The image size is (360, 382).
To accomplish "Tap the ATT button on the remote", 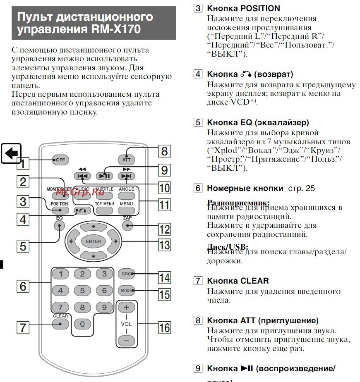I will tap(126, 160).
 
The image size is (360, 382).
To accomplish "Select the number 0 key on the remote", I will tap(82, 324).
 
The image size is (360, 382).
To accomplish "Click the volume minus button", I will tap(126, 341).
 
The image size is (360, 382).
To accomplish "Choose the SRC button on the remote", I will tap(126, 274).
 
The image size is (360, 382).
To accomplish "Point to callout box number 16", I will tap(164, 328).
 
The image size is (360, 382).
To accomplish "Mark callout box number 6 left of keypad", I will tap(23, 286).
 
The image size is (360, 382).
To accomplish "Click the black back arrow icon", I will tap(11, 153).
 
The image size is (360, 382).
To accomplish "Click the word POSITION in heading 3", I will tap(260, 8).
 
